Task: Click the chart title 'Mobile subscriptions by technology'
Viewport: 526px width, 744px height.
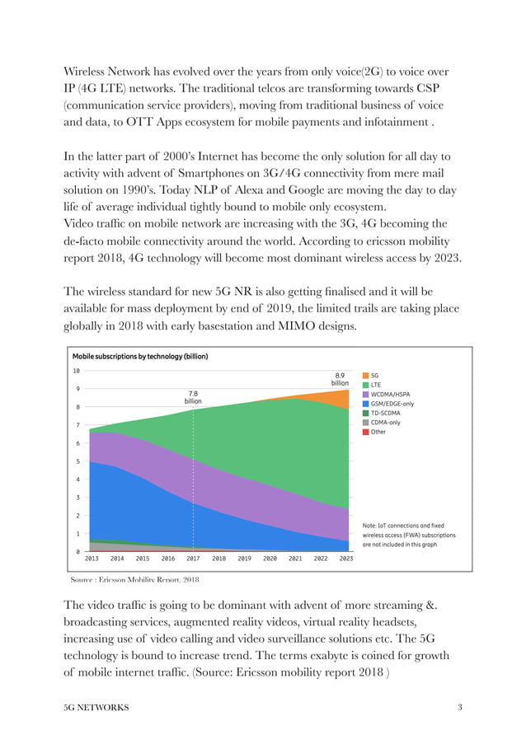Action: point(139,357)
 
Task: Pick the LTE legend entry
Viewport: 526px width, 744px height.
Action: point(377,384)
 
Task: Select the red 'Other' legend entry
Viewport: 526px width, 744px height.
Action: point(378,432)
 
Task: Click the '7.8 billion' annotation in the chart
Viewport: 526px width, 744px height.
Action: point(192,397)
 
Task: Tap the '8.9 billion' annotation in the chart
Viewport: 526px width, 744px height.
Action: point(340,378)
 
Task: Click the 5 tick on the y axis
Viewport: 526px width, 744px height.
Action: point(77,461)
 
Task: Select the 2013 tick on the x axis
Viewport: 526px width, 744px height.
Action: point(92,559)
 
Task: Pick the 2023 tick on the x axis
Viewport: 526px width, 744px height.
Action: point(346,559)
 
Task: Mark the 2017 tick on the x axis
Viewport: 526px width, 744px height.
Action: point(193,559)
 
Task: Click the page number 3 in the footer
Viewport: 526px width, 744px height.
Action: point(459,708)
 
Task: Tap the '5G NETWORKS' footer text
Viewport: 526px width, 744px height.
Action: point(96,708)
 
